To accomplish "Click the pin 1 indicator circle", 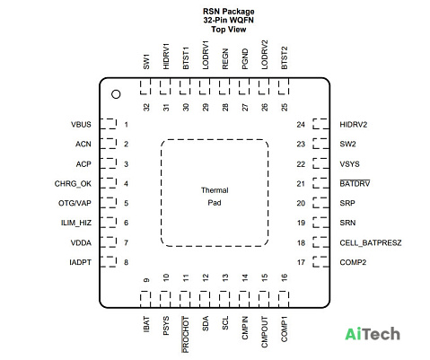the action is [x=116, y=94].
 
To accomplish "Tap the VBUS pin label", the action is [x=81, y=125].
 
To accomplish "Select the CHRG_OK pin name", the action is [x=73, y=183].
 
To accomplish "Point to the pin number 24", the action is [x=301, y=125].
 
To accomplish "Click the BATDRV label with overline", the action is [x=355, y=183].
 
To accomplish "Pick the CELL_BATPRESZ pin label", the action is [x=371, y=242].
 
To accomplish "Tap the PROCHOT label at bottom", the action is [x=186, y=335].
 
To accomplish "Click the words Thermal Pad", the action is [x=215, y=197].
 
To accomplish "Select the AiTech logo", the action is [x=373, y=334].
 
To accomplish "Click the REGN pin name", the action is [x=225, y=59].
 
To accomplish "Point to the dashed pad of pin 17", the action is [x=320, y=261].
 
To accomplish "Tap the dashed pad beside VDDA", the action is [x=108, y=242].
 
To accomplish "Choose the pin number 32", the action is [x=146, y=107].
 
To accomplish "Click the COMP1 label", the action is [x=284, y=329].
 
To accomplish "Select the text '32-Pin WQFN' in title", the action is [x=228, y=20].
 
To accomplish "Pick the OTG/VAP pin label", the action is [x=75, y=203].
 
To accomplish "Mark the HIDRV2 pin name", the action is [x=354, y=125].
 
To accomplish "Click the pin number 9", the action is [x=146, y=280].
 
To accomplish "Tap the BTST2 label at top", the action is [x=285, y=57].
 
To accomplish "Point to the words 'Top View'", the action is [x=229, y=30].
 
